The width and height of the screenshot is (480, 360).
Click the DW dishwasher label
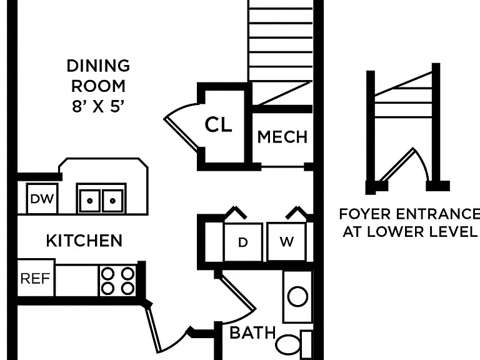(42, 199)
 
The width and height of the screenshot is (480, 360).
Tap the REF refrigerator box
(36, 278)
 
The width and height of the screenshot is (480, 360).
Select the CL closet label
(218, 124)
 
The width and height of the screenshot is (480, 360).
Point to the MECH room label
(282, 137)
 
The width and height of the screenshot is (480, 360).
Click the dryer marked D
(243, 242)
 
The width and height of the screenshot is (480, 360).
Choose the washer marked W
(286, 242)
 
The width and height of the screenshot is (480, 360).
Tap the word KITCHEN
(84, 241)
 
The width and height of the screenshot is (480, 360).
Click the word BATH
(252, 332)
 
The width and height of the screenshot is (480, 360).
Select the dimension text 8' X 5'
(98, 106)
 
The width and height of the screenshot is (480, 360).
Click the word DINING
(98, 66)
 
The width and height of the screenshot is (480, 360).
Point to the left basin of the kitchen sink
(89, 201)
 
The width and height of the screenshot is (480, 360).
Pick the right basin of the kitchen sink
(112, 201)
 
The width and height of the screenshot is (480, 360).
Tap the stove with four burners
(117, 281)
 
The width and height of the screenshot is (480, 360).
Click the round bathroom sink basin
(297, 296)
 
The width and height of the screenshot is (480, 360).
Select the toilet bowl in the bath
(288, 344)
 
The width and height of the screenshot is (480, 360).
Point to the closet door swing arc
(179, 109)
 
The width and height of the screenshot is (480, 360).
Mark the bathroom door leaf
(237, 292)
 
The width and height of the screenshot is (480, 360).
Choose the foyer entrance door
(397, 165)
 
